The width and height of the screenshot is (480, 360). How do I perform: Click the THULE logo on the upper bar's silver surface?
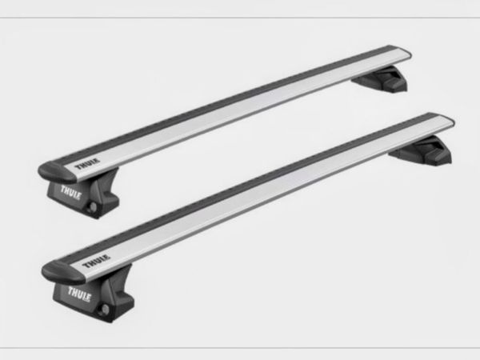[x=87, y=164]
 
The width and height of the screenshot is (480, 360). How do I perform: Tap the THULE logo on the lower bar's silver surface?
[x=96, y=261]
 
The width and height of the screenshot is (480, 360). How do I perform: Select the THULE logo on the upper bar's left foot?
[x=70, y=192]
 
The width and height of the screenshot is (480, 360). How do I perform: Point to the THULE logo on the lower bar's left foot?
[x=79, y=294]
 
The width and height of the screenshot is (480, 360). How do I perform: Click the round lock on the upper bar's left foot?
[x=92, y=207]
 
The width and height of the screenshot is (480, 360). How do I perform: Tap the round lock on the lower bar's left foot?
[x=104, y=309]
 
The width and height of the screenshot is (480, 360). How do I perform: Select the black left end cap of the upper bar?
[x=56, y=172]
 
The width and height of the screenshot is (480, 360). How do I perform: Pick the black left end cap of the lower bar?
[x=62, y=271]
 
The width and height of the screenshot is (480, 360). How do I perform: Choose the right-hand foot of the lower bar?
[x=422, y=150]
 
